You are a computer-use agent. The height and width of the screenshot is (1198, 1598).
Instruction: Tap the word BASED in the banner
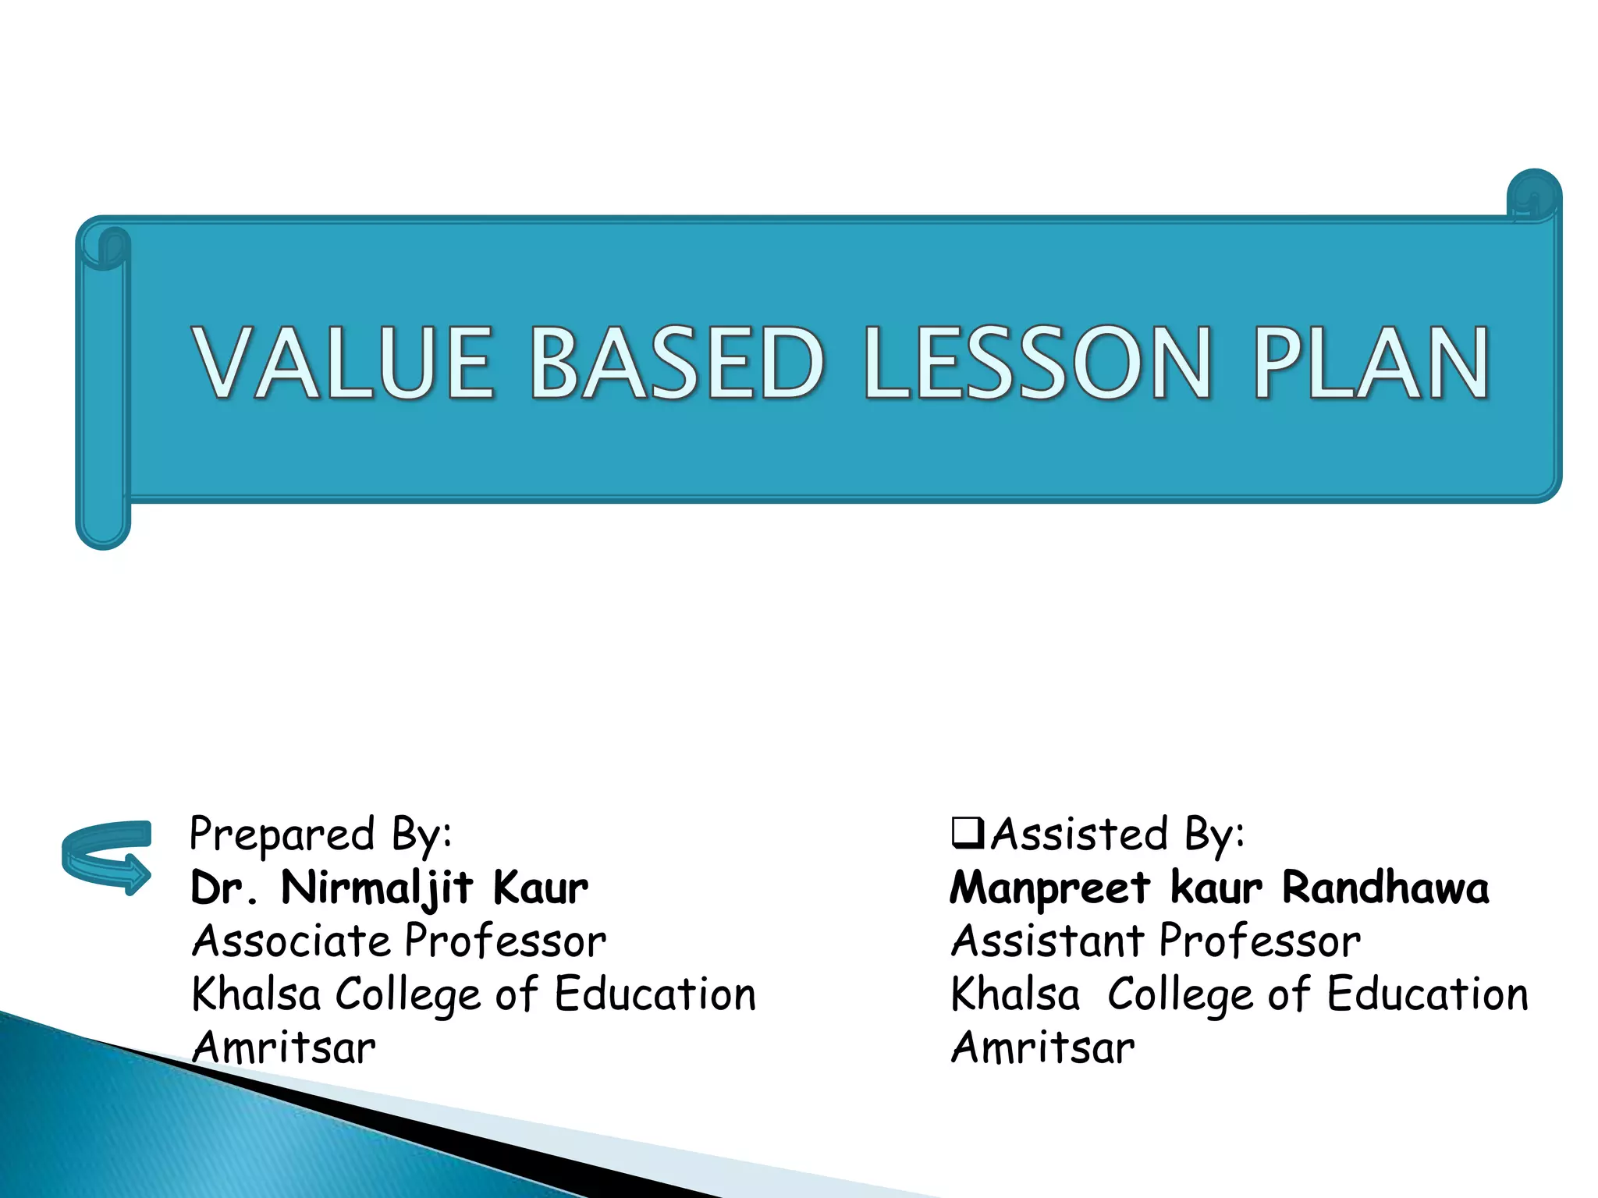click(676, 363)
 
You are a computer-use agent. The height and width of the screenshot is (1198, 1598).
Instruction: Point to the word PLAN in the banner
click(1371, 363)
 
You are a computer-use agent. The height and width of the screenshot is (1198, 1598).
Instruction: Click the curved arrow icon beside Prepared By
click(107, 857)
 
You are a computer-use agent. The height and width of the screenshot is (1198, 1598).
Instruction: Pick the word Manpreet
click(1049, 888)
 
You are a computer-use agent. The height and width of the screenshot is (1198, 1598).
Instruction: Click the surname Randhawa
click(1385, 888)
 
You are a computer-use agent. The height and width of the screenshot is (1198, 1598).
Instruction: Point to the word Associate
click(291, 941)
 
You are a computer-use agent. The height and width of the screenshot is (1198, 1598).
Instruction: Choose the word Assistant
click(1047, 941)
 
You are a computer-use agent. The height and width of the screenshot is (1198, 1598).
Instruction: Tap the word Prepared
click(282, 835)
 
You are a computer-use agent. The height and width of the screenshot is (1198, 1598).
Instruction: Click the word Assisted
click(1080, 835)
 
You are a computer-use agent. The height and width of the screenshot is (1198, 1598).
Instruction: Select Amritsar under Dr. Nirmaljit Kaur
click(284, 1047)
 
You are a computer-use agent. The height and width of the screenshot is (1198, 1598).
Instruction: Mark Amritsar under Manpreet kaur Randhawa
click(1043, 1047)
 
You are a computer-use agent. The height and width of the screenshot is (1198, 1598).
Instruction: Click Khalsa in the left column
click(256, 994)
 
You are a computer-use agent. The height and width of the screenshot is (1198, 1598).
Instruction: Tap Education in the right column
click(1427, 994)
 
